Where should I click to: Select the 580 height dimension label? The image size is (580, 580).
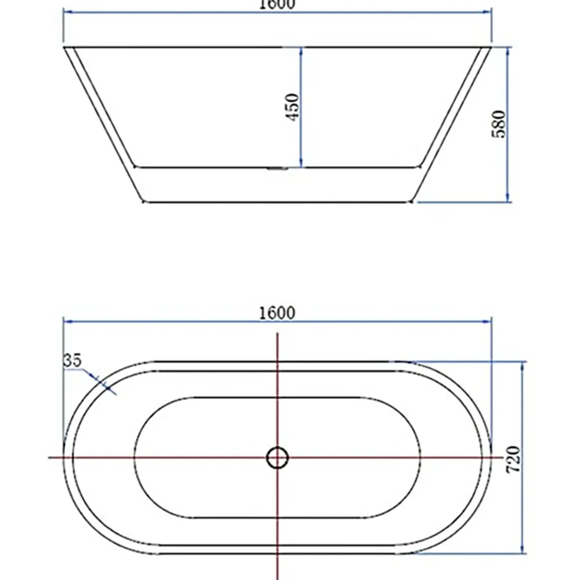pos(499,124)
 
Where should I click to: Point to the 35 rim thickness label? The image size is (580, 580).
pos(73,360)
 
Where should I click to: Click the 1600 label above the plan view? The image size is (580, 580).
pos(277,313)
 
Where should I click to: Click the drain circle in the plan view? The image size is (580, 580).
pos(278,458)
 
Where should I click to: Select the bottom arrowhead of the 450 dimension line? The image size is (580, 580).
pos(301,162)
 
